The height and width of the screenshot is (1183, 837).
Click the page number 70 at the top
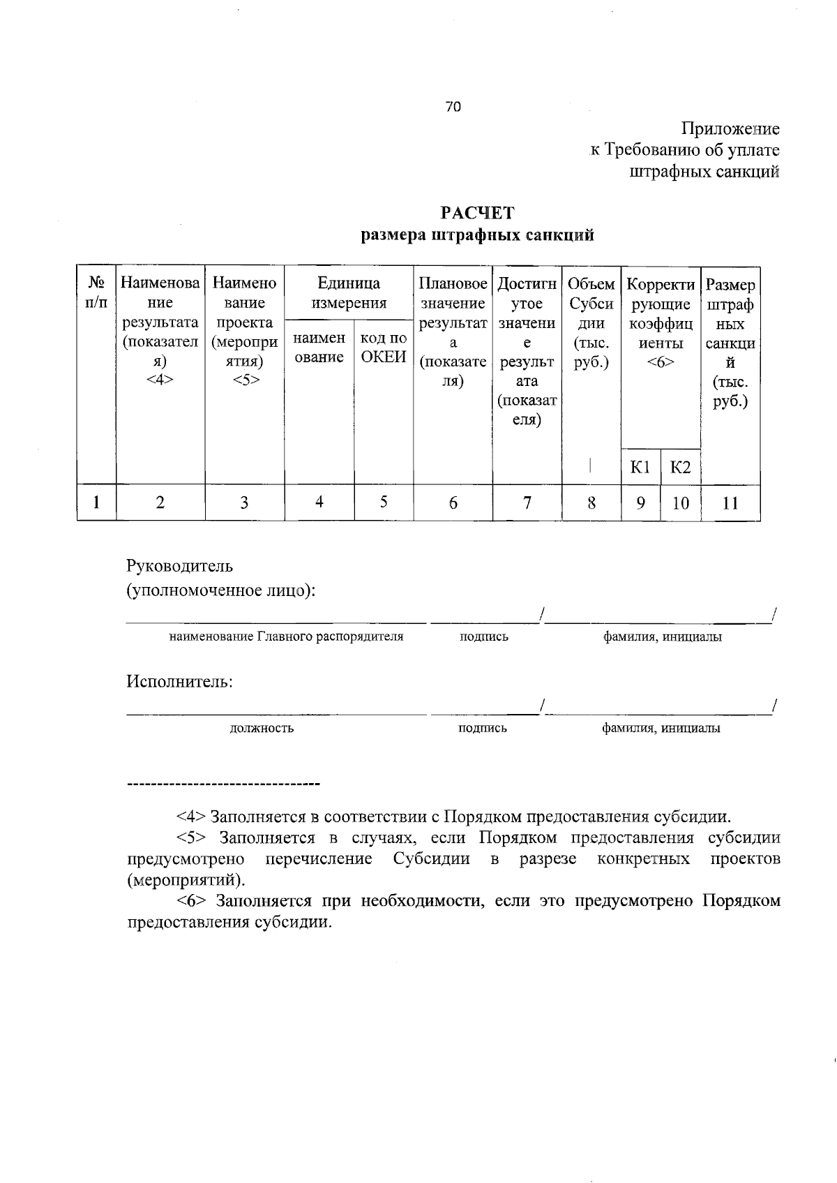coord(453,107)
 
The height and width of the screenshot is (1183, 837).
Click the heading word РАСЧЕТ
coord(477,213)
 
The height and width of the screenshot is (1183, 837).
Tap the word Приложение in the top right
coord(730,129)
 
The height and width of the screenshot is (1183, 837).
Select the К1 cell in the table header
coord(640,467)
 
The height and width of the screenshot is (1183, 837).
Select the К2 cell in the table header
coord(680,467)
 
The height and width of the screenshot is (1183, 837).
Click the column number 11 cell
coord(730,503)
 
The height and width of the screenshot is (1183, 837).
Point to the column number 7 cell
coord(527,503)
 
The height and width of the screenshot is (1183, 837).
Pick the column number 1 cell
coord(96,503)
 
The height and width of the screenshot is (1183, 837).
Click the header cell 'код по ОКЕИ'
coord(384,347)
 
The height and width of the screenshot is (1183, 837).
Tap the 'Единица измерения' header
coord(349,293)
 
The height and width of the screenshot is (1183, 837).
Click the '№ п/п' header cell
coord(96,293)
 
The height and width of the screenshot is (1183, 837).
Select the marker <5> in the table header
coord(245,380)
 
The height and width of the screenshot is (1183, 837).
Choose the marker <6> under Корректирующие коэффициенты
coord(661,363)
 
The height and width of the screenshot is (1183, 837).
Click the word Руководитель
coord(180,565)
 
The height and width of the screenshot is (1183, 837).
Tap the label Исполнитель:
coord(179,681)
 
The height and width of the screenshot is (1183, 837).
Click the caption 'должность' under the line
coord(262,729)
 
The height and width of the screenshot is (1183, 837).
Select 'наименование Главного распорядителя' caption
coord(286,637)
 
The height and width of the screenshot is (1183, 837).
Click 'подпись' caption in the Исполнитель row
coord(482,729)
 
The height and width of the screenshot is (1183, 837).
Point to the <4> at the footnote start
coord(190,817)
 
